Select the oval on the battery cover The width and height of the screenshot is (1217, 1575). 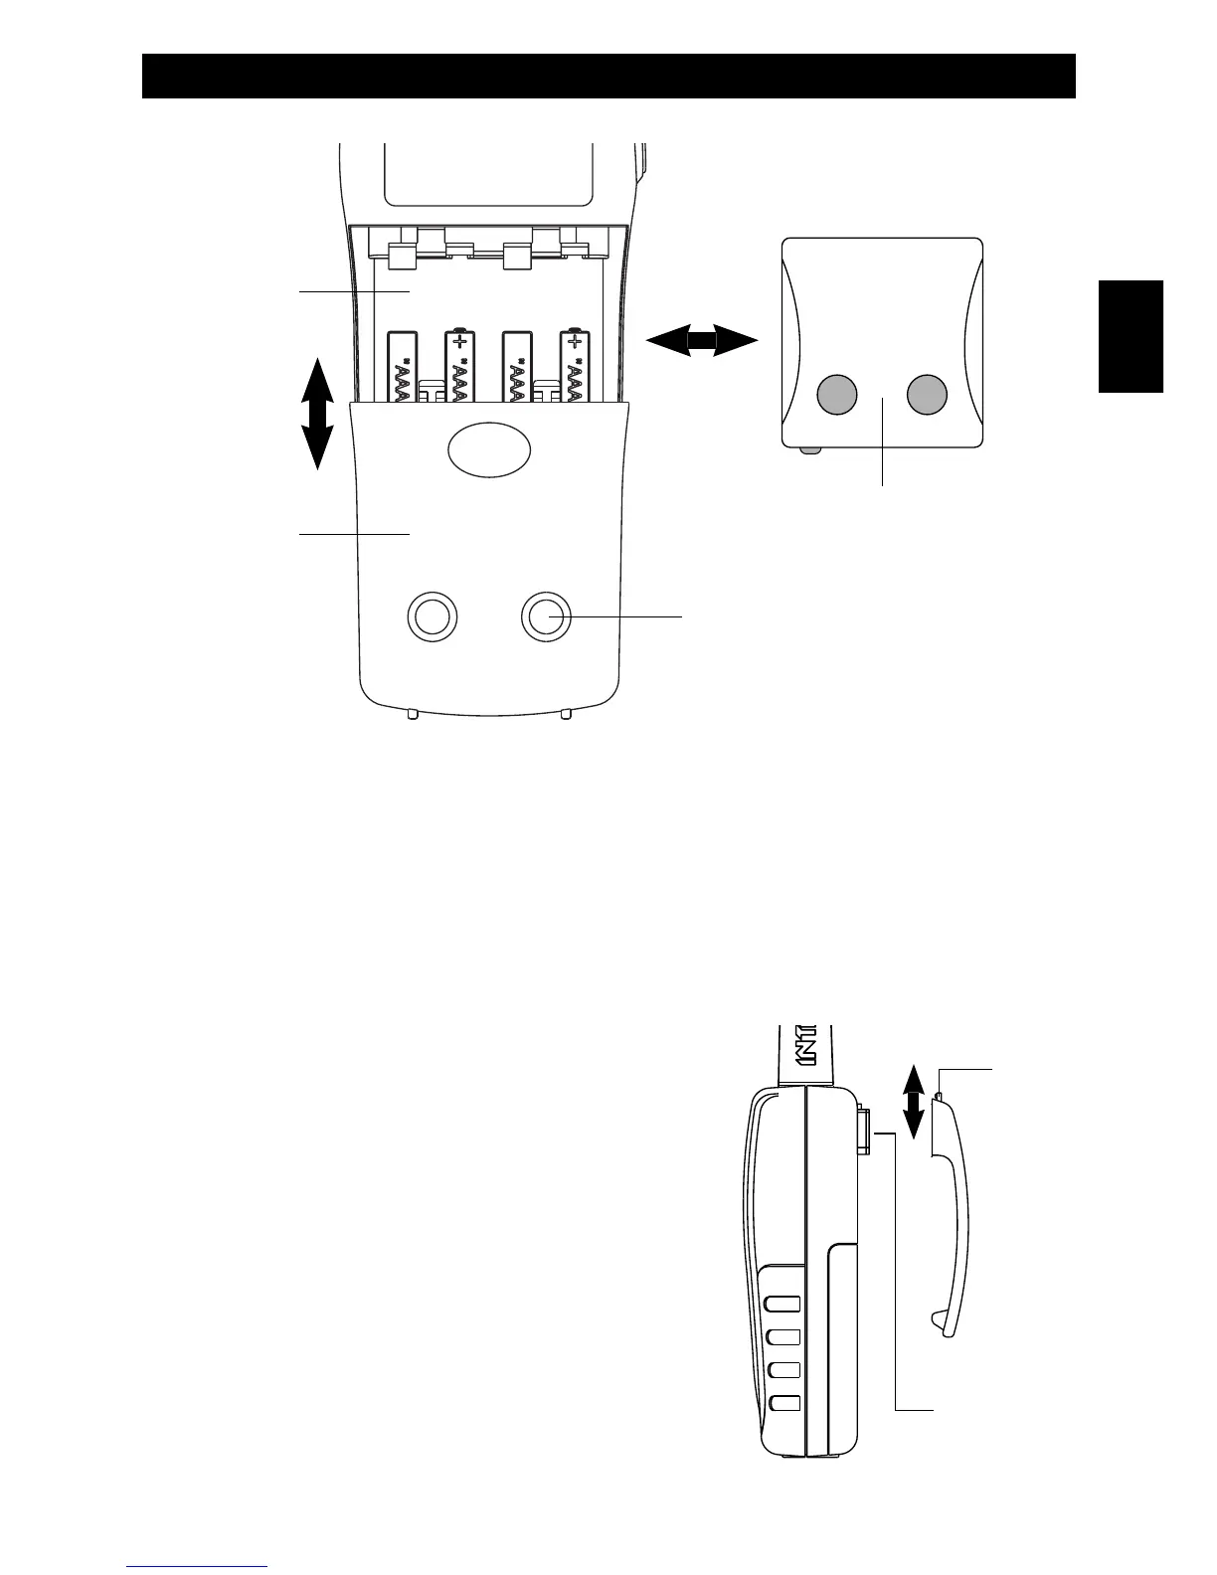[x=489, y=450]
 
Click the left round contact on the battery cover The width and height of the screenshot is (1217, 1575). [x=433, y=617]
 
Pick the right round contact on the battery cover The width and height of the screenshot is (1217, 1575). [x=547, y=617]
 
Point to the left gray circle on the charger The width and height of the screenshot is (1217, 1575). [x=836, y=395]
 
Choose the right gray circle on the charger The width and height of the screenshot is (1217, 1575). [x=927, y=395]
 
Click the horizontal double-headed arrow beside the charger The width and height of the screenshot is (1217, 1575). [x=702, y=341]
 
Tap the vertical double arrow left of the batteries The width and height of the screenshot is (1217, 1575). [x=317, y=412]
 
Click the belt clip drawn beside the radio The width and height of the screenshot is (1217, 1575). [x=953, y=1223]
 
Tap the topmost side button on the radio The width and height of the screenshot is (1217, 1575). [x=784, y=1305]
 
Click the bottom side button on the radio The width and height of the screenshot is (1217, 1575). [x=784, y=1403]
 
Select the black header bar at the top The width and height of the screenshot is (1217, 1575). [x=608, y=77]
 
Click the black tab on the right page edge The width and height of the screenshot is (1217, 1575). [x=1130, y=336]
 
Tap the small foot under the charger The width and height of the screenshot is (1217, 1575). [x=810, y=451]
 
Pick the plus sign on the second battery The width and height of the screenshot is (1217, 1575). [x=459, y=343]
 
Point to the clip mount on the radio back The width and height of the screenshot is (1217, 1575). [x=863, y=1128]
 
